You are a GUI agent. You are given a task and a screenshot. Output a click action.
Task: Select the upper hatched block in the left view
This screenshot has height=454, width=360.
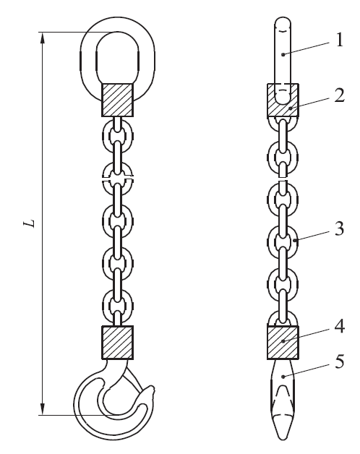[x=116, y=99]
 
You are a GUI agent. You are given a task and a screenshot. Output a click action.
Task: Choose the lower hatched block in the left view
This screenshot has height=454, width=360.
[x=116, y=342]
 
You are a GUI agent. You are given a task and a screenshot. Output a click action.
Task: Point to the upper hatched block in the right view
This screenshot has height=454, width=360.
[x=283, y=99]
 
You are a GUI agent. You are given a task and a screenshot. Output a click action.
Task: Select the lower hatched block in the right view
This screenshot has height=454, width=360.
[x=283, y=342]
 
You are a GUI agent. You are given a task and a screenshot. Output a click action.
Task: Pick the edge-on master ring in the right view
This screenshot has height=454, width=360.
[x=283, y=54]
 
